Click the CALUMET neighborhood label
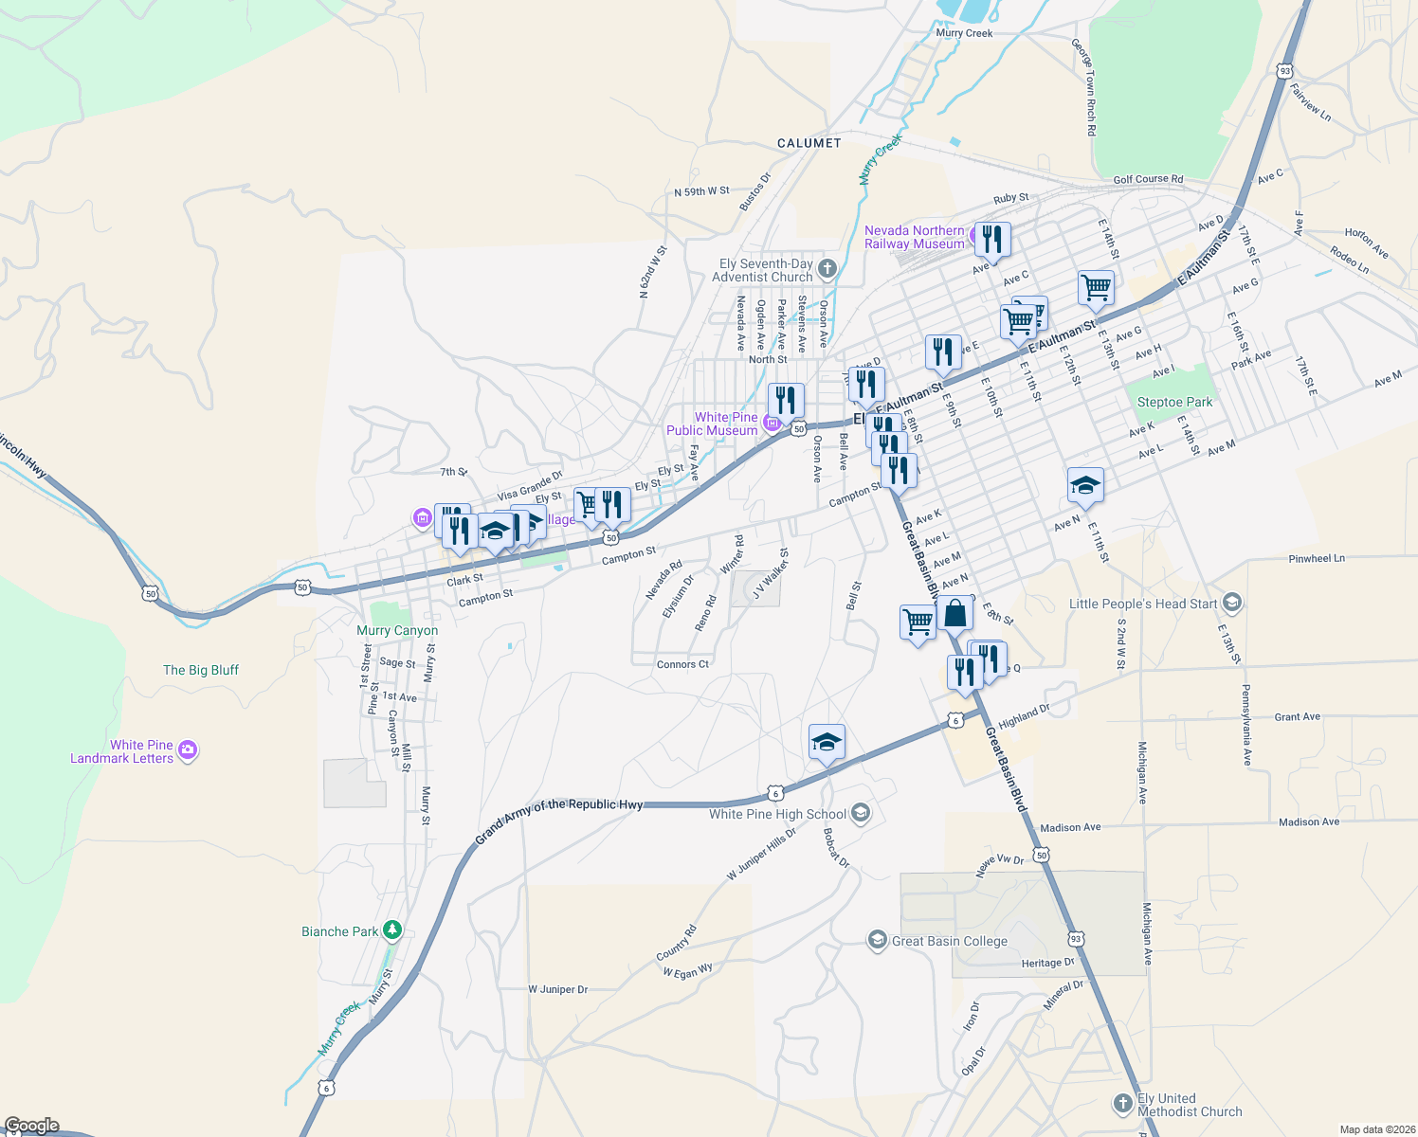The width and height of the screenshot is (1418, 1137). tap(809, 143)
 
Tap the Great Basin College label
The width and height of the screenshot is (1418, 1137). tap(949, 941)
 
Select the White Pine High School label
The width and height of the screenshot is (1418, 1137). tap(777, 814)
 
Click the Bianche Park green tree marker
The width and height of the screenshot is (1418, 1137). tap(392, 931)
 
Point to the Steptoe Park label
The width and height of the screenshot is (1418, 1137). tap(1174, 402)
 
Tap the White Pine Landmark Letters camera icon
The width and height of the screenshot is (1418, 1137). tap(188, 750)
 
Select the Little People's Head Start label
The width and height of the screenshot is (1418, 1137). tap(1142, 604)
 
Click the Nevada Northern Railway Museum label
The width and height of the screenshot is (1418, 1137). tap(914, 237)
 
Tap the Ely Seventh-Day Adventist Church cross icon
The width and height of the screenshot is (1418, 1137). tap(827, 269)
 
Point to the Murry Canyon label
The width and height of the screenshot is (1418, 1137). tap(397, 630)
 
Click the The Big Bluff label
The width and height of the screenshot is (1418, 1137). tap(201, 670)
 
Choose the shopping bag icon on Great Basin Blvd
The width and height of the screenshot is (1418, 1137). tap(955, 613)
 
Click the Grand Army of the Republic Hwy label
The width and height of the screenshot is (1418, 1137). tap(559, 817)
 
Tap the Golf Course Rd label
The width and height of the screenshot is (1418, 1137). tap(1148, 179)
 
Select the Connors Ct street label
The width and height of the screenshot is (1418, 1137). tap(682, 664)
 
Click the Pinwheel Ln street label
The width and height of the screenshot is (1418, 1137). tap(1317, 559)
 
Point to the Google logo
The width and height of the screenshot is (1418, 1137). tap(32, 1126)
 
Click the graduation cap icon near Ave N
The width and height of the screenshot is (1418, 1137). tap(1084, 486)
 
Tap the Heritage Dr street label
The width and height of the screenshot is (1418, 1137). tap(1047, 963)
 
